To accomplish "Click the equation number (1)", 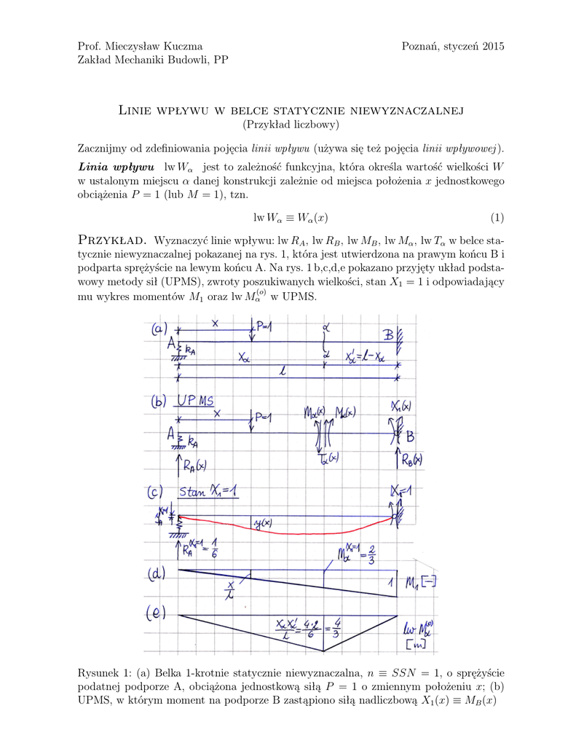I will (497, 217).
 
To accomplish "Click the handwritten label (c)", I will (158, 493).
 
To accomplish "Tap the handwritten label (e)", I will (158, 613).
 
